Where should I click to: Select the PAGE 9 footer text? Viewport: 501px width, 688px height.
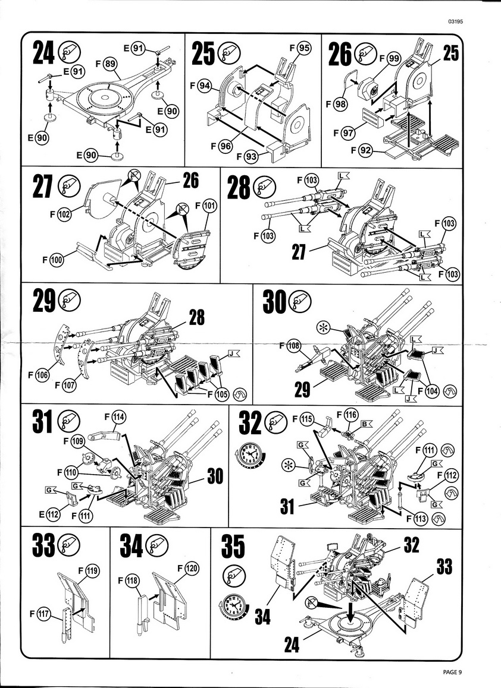452,671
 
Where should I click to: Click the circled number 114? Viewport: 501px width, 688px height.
118,418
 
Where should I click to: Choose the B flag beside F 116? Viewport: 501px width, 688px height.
367,424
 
